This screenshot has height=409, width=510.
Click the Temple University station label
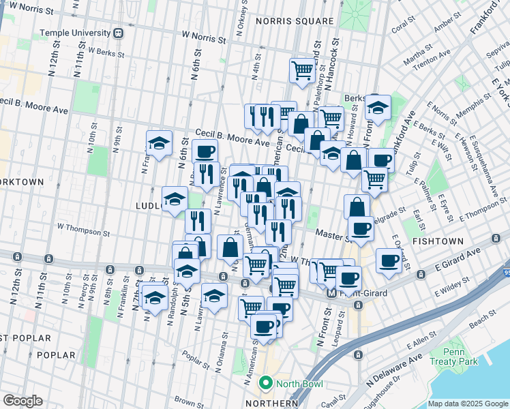click(75, 33)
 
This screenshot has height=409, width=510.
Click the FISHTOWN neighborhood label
click(435, 242)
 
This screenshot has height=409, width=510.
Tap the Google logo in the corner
click(22, 401)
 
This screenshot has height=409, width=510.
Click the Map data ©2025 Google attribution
click(468, 404)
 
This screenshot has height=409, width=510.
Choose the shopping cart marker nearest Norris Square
click(302, 70)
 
